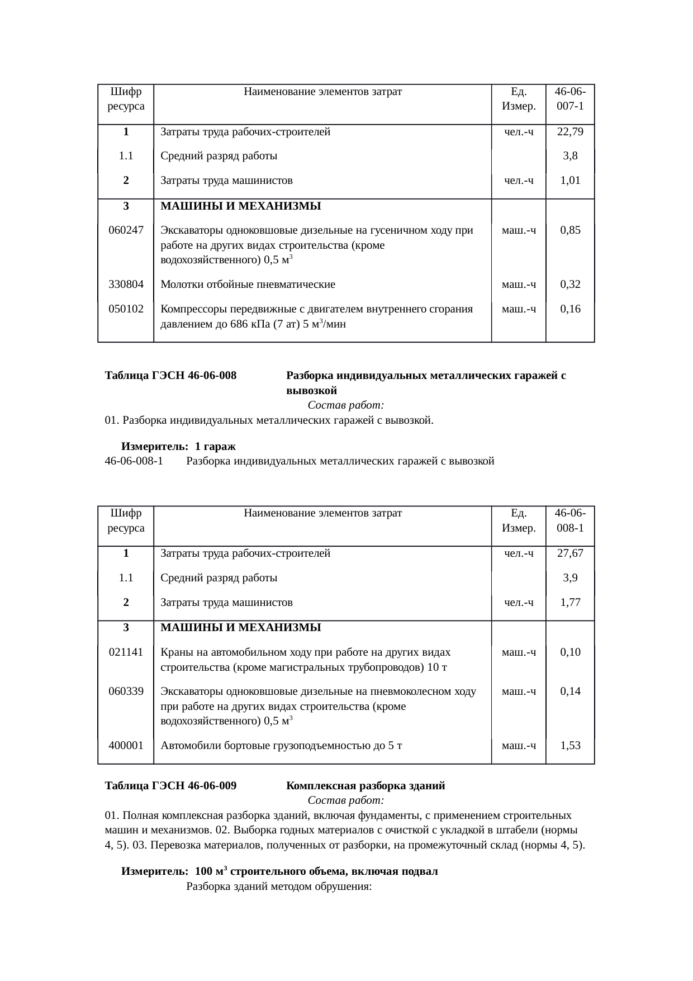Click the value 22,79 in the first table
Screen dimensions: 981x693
tap(570, 132)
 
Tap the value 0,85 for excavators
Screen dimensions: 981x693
tap(570, 230)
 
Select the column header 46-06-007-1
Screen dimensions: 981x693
tap(570, 98)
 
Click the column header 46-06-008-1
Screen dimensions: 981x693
tap(570, 520)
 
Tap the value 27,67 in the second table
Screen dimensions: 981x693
tap(570, 553)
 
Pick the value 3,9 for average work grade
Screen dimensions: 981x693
tap(570, 578)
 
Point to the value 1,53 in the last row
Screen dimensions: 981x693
tap(570, 745)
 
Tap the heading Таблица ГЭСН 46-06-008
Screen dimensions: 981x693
tap(170, 376)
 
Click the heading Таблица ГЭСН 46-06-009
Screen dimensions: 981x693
tap(170, 786)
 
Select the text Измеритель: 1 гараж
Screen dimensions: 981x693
tap(178, 447)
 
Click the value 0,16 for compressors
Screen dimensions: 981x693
tap(570, 309)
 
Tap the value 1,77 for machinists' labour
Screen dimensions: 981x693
tap(570, 603)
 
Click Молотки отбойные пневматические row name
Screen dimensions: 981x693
tap(248, 284)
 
